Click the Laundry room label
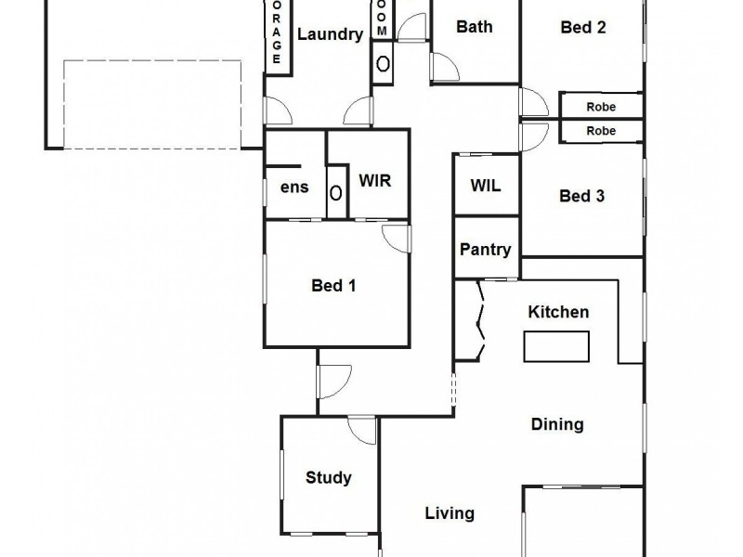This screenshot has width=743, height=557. (330, 35)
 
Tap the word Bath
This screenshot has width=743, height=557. (474, 27)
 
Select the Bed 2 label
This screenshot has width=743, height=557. (583, 27)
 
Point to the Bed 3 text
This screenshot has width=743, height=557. (582, 196)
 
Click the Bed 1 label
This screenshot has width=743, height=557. (333, 285)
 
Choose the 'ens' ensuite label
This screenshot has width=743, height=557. (294, 188)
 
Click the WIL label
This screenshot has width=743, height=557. (486, 186)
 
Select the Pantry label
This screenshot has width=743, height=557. (486, 250)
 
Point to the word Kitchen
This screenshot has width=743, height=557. (558, 312)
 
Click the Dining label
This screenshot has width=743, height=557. (557, 424)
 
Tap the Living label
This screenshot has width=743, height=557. (450, 512)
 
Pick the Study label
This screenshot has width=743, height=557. (329, 478)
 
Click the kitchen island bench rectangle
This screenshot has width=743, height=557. (556, 346)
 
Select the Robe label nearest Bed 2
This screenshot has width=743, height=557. (601, 107)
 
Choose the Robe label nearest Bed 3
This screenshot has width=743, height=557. (601, 131)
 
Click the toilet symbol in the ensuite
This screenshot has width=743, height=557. (336, 192)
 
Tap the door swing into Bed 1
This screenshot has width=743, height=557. (398, 238)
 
